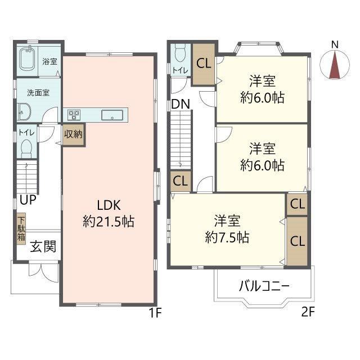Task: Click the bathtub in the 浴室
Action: coord(28,60)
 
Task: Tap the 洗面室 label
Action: coord(38,93)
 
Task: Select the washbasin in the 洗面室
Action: coord(24,111)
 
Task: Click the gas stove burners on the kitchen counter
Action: coord(74,115)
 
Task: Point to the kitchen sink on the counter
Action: coord(112,115)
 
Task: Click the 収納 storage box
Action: coord(74,134)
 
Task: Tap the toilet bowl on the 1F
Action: coord(26,148)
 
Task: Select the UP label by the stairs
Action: coord(28,200)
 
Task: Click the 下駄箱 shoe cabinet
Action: coord(21,229)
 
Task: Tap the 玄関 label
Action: coord(43,246)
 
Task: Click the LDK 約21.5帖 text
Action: coord(109,213)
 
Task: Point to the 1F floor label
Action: coord(155,313)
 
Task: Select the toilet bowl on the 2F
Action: coord(180,53)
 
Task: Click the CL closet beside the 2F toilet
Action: coord(204,64)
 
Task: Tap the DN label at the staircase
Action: coord(181,104)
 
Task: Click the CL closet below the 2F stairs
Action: coord(181,181)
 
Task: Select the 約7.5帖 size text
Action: coord(227,237)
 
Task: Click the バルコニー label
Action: coord(264,286)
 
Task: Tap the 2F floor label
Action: coord(308,312)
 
